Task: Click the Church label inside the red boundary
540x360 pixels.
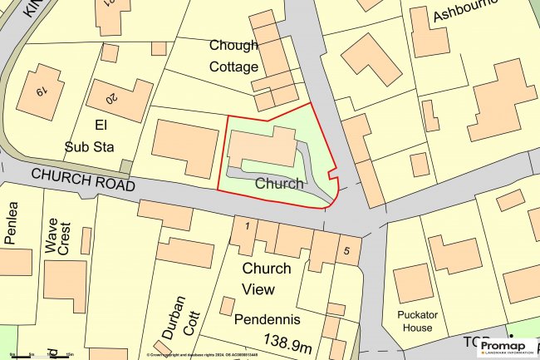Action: (278, 184)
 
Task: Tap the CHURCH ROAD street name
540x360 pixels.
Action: (82, 179)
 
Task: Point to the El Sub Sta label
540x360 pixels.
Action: (87, 136)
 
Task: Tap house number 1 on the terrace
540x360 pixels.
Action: (246, 225)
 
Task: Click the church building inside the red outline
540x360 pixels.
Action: (262, 148)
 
